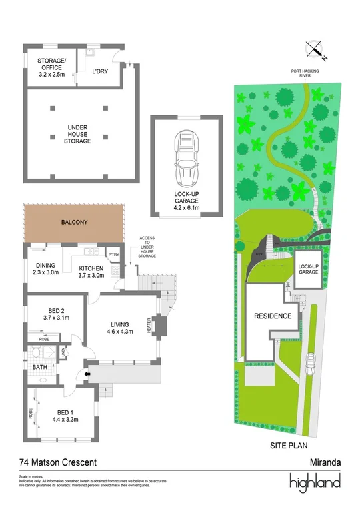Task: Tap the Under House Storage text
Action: pos(79,133)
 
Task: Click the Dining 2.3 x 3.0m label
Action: pos(45,268)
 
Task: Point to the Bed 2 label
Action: pos(56,314)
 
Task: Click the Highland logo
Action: pos(315,482)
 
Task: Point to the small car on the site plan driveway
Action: pos(310,364)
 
